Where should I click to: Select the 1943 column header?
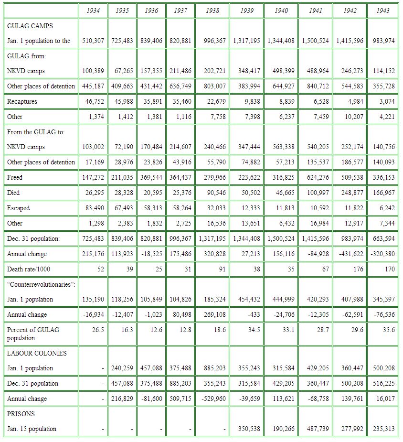(382, 11)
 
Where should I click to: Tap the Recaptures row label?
(22, 101)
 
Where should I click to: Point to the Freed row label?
(15, 177)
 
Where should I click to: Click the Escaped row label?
(18, 208)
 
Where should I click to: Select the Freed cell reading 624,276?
(316, 177)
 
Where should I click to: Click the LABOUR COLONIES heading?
(37, 353)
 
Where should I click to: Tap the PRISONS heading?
(21, 414)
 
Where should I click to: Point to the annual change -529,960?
(212, 399)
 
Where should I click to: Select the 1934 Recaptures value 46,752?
(93, 101)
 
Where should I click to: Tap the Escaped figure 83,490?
(93, 208)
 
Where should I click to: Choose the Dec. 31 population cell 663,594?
(382, 238)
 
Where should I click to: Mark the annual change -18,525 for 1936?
(152, 254)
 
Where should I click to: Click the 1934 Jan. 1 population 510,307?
(93, 41)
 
